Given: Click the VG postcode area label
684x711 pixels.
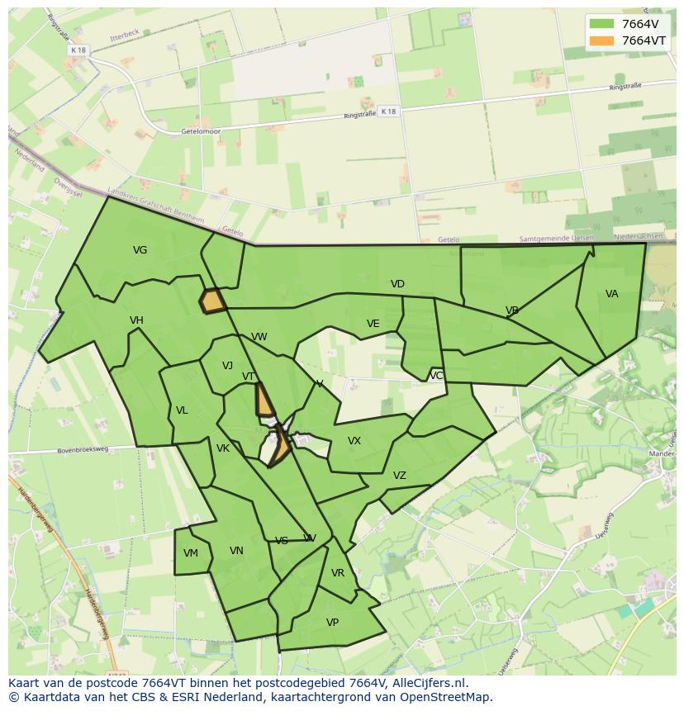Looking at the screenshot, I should click(x=140, y=250).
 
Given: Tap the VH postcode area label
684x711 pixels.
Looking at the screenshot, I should click(x=136, y=320).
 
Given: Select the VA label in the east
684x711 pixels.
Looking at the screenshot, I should click(x=611, y=294).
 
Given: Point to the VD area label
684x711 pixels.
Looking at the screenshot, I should click(x=397, y=284).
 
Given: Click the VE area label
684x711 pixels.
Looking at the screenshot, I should click(x=373, y=324).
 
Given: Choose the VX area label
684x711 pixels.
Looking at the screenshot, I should click(x=354, y=441).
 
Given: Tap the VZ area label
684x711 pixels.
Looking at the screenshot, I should click(x=400, y=476).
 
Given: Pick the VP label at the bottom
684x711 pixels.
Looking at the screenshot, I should click(x=332, y=623).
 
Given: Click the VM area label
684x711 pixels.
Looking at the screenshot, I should click(x=191, y=553).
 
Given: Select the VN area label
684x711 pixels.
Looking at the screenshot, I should click(x=236, y=551).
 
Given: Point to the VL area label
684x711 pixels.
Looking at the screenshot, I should click(x=182, y=410).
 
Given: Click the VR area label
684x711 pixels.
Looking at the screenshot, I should click(x=337, y=573).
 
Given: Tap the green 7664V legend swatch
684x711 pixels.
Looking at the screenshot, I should click(x=601, y=24).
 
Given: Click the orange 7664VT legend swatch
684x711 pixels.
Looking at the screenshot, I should click(x=601, y=40).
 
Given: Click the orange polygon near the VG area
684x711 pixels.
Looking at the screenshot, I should click(x=213, y=301).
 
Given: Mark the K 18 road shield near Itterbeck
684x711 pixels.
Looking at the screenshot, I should click(x=78, y=50).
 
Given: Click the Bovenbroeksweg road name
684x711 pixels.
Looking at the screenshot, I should click(x=83, y=450).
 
